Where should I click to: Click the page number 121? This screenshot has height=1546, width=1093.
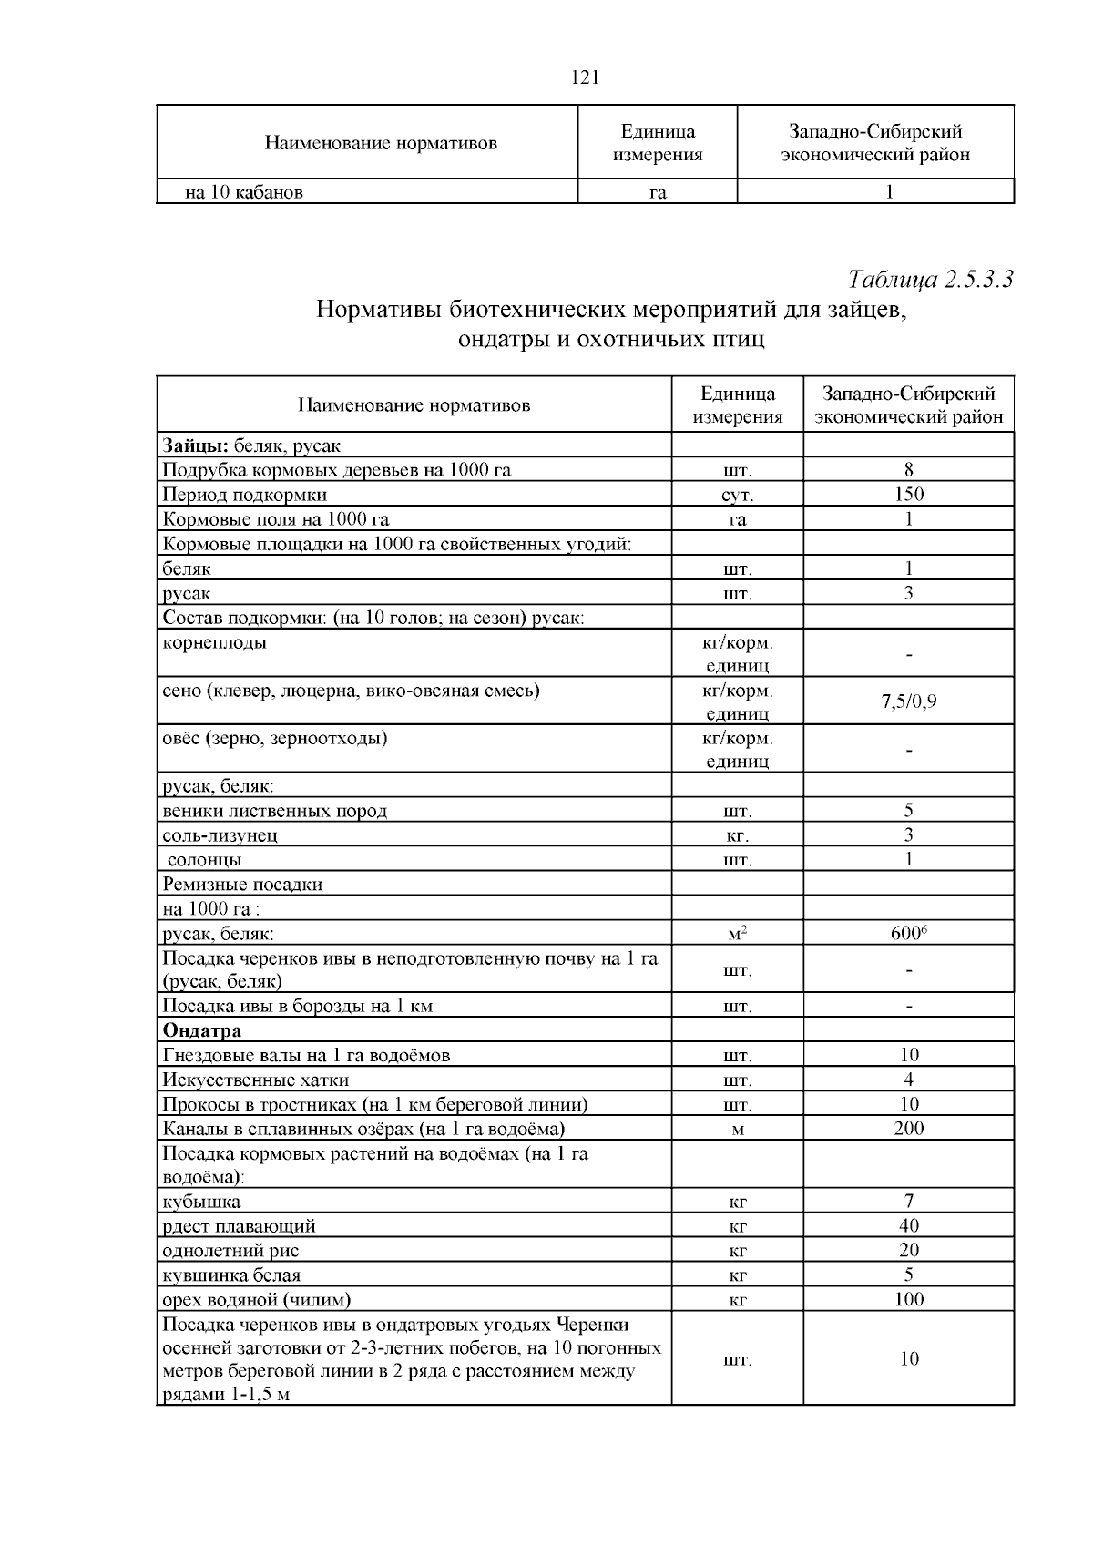pos(584,77)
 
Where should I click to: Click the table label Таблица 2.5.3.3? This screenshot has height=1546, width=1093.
pos(930,279)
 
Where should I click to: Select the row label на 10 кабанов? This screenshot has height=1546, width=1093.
pos(244,192)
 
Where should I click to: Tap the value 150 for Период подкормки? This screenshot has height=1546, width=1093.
pos(908,495)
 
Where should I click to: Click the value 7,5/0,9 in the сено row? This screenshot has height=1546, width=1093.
pos(908,701)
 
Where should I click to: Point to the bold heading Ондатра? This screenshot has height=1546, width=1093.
pos(201,1030)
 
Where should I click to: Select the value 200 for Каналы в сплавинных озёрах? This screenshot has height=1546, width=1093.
pos(908,1129)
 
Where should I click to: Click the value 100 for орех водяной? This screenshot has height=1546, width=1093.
pos(908,1300)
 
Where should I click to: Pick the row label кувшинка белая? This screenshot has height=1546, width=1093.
pos(231,1275)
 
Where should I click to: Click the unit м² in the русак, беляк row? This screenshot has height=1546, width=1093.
pos(737,934)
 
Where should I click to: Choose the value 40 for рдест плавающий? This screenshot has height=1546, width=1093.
pos(908,1226)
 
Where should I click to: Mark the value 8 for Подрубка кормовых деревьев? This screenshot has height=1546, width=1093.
pos(908,470)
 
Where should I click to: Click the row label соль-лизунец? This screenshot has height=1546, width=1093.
pos(220,835)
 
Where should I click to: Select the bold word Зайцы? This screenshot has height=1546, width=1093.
pos(195,445)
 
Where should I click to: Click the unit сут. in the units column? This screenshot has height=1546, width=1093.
pos(737,496)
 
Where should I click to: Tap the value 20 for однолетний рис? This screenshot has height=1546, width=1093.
pos(908,1251)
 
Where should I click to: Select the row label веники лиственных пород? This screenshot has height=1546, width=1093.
pos(274,811)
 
